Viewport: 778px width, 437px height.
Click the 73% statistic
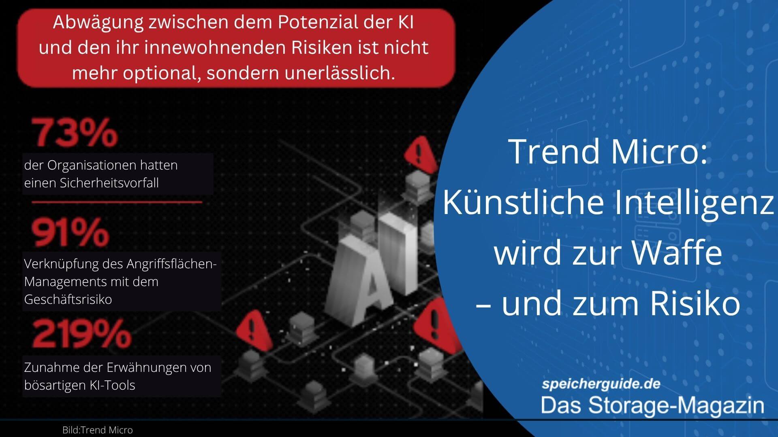point(75,132)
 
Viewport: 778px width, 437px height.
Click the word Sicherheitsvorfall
point(109,183)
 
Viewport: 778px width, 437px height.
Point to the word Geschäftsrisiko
point(68,299)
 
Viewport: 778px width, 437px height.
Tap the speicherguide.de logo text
point(601,384)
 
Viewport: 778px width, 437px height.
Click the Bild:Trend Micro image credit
point(98,430)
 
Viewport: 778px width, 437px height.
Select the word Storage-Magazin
point(676,405)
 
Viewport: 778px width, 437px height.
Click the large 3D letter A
point(359,279)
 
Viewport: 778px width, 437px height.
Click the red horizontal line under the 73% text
point(117,202)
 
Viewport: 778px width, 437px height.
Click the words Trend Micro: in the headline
point(608,151)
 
